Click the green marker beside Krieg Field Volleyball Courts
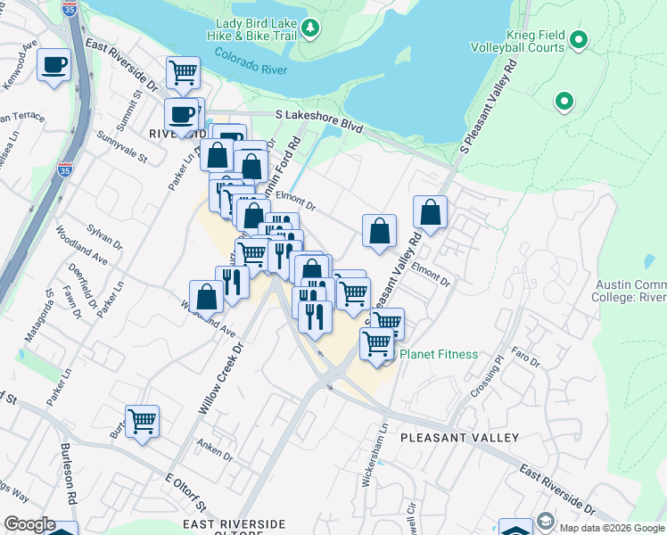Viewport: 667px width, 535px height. point(579,39)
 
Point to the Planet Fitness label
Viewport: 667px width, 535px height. point(438,354)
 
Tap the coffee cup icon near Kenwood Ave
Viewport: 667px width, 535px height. point(54,65)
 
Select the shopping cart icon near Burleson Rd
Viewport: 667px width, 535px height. point(143,420)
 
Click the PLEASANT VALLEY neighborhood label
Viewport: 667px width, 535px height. point(459,438)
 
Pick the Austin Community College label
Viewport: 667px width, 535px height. point(630,291)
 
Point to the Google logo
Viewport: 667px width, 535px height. point(29,525)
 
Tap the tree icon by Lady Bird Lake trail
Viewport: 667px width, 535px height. point(310,29)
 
